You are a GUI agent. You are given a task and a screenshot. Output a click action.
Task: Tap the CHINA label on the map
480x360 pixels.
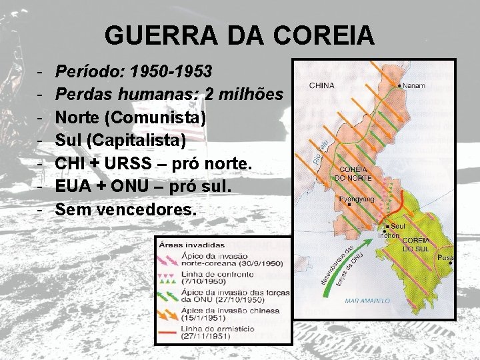(x=321, y=85)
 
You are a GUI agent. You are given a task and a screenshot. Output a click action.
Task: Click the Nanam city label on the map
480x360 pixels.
(x=415, y=86)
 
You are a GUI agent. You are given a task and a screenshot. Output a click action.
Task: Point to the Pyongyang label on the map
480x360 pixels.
(x=357, y=199)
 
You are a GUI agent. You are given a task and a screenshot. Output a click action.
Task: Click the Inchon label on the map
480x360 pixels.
(x=388, y=235)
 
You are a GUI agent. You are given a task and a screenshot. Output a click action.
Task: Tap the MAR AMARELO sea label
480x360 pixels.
(x=367, y=301)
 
